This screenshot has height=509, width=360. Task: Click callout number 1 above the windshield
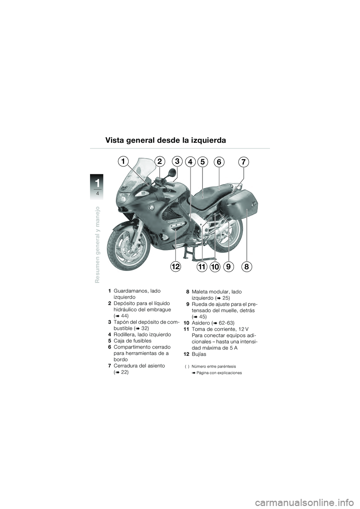[x=122, y=161]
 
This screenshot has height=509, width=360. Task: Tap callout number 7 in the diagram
[x=244, y=162]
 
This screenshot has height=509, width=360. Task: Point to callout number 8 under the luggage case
[x=246, y=267]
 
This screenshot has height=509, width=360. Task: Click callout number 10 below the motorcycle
[x=214, y=267]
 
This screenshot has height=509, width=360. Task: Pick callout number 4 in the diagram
[x=190, y=162]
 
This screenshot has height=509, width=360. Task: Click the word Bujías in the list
[x=199, y=354]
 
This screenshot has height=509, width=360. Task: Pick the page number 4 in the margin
[x=97, y=193]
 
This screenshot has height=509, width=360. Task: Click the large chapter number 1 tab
[x=97, y=184]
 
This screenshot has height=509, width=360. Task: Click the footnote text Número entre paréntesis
[x=213, y=366]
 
